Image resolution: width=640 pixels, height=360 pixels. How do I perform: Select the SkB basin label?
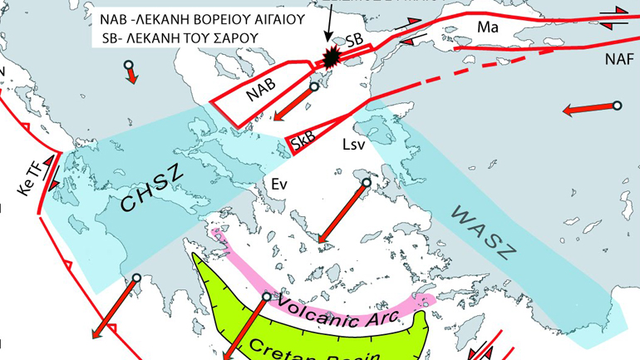(x=302, y=144)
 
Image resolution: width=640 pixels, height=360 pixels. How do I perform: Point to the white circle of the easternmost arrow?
(x=617, y=106)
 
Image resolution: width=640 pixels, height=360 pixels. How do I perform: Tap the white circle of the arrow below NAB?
(x=314, y=86)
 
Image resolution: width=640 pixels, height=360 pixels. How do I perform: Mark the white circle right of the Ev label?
(x=367, y=183)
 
